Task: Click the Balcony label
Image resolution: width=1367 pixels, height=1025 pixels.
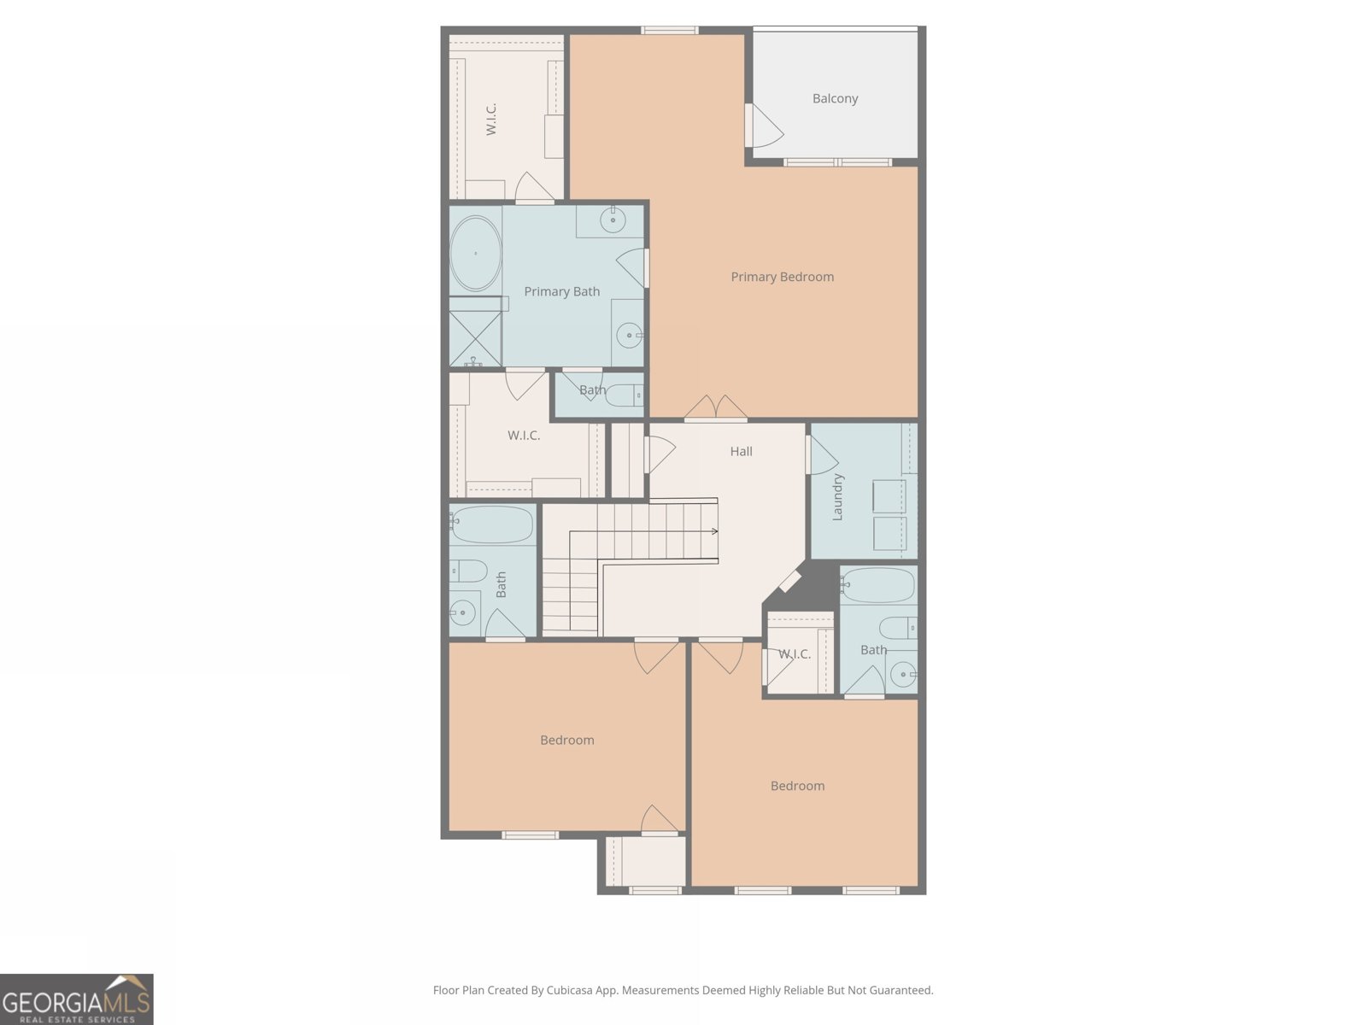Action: tap(835, 98)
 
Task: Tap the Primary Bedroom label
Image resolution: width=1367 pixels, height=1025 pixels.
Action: tap(782, 277)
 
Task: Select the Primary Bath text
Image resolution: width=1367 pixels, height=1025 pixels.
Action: tap(561, 291)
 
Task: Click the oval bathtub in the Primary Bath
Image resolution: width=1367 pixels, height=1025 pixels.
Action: tap(475, 254)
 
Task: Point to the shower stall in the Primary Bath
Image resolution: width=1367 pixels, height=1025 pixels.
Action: tap(475, 338)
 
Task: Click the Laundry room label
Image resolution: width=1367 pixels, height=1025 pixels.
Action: tap(837, 497)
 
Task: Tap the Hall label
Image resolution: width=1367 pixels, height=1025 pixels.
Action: tap(741, 451)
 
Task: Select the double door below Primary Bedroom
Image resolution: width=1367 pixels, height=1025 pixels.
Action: tap(715, 409)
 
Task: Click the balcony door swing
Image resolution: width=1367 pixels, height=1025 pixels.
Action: tap(764, 126)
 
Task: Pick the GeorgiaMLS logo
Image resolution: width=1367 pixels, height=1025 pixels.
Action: tap(77, 999)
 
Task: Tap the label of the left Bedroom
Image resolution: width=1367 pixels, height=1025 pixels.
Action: tap(566, 740)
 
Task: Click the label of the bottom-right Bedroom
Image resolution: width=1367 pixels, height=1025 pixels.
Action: tap(797, 786)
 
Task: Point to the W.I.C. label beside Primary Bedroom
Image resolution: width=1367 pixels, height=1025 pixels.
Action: tap(491, 120)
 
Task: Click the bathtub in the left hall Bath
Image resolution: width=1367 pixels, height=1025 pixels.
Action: tap(492, 524)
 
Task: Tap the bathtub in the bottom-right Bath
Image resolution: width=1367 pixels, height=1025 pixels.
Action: tap(879, 586)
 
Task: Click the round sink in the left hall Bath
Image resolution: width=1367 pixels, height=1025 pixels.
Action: tap(463, 612)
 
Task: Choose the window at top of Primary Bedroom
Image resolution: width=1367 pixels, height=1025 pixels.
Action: tap(669, 31)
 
